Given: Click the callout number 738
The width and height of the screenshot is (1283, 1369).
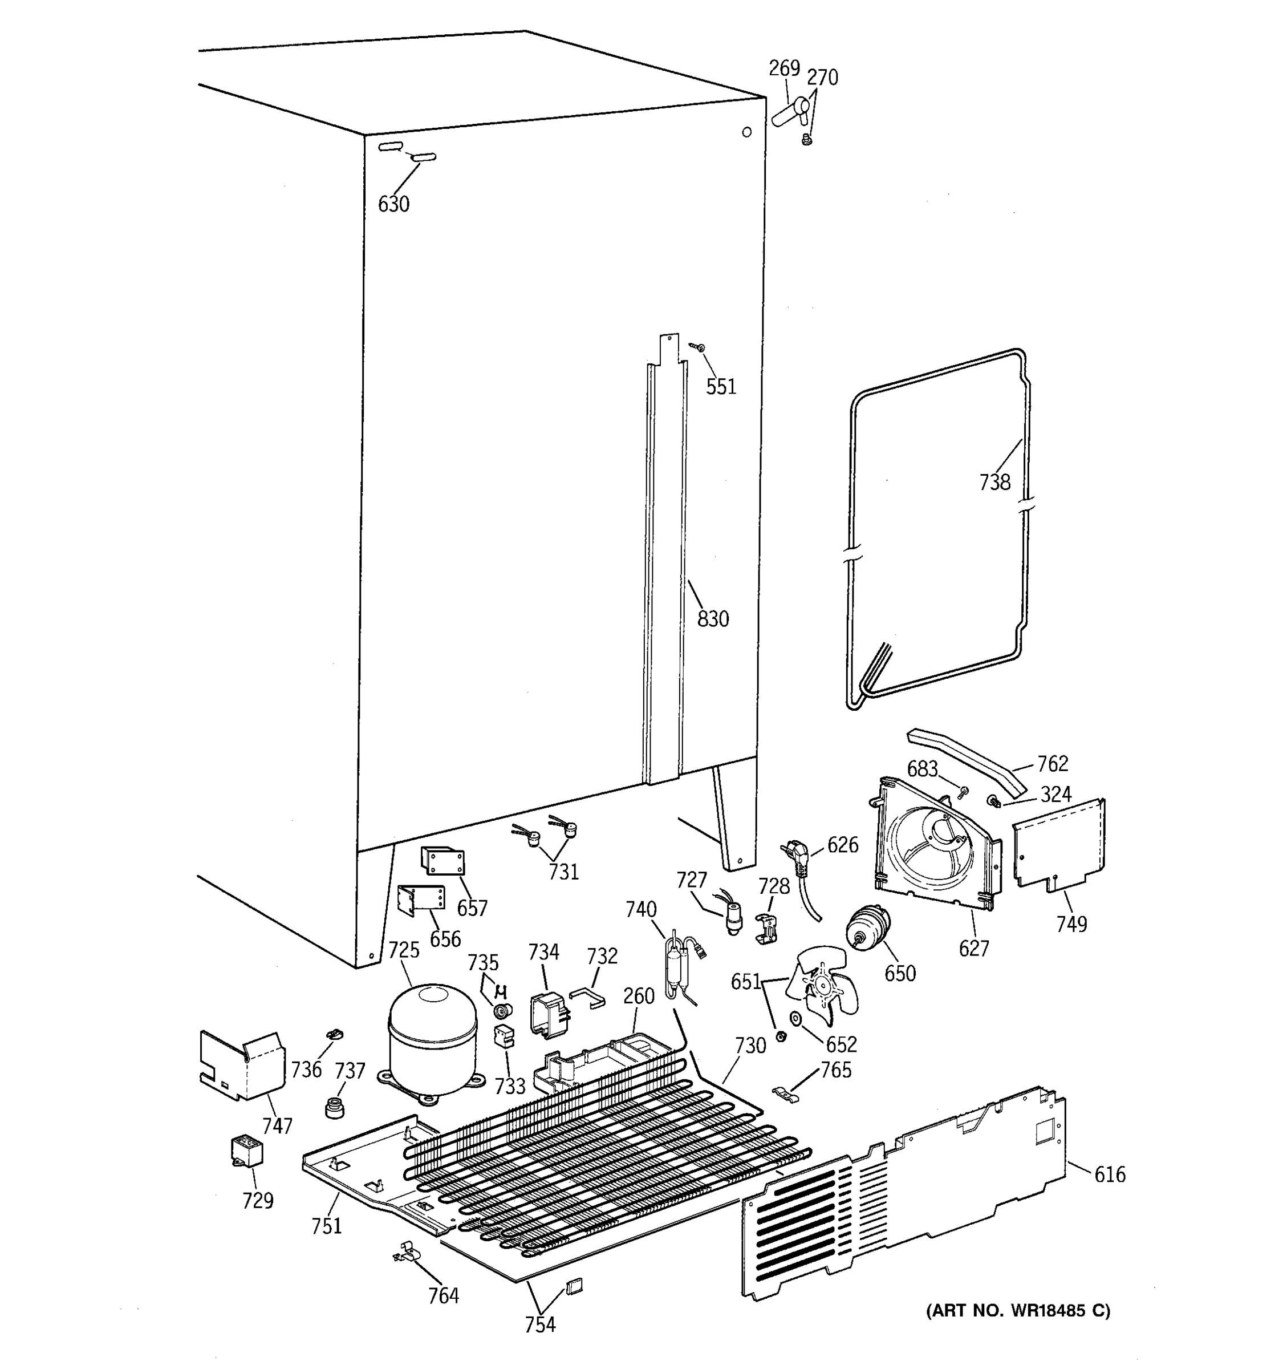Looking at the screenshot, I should (x=994, y=483).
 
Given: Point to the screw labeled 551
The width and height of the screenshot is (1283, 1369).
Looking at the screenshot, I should (x=699, y=349).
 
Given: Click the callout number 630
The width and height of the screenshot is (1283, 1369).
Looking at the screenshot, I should (x=393, y=204).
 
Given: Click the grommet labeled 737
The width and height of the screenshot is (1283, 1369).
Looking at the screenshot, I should (x=334, y=1108).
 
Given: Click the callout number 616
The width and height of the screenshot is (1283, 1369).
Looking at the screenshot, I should (x=1110, y=1174).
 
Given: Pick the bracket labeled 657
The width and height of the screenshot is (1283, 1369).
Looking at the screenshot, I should (x=442, y=861).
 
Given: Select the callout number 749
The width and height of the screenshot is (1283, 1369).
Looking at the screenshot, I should (x=1071, y=924).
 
